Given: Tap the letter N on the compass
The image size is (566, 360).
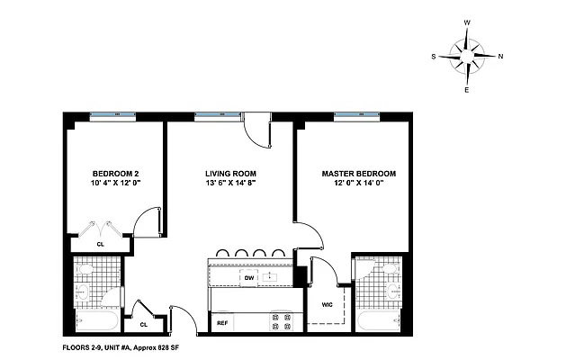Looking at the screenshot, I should tap(501, 56).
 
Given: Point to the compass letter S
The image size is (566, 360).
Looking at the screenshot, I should tap(434, 56).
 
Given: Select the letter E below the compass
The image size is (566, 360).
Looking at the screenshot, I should tap(467, 90).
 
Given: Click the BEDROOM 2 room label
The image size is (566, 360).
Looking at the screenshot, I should tap(115, 174).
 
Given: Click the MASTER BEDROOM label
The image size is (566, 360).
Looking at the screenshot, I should tap(358, 174).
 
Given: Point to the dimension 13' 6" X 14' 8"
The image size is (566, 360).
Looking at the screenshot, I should tap(231, 184).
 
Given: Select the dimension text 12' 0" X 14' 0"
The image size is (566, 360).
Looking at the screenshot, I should tap(358, 184).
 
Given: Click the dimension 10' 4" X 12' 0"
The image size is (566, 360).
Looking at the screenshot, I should tap(115, 184).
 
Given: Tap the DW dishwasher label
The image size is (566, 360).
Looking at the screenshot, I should tap(249, 278).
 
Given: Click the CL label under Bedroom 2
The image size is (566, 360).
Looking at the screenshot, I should tap(101, 242).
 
